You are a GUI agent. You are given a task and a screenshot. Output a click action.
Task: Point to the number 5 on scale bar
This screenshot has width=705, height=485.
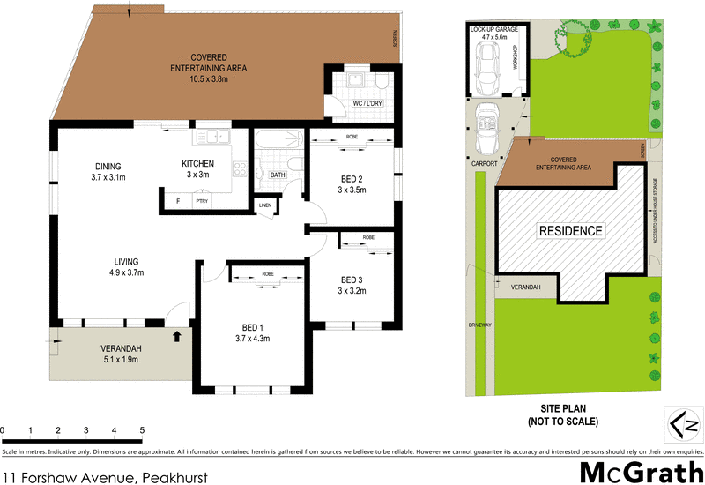pos(142,429)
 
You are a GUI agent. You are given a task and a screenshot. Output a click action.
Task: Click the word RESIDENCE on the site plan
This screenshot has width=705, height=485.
pos(571,232)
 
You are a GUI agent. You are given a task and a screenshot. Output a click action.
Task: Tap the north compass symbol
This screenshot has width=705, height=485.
pos(681,427)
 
